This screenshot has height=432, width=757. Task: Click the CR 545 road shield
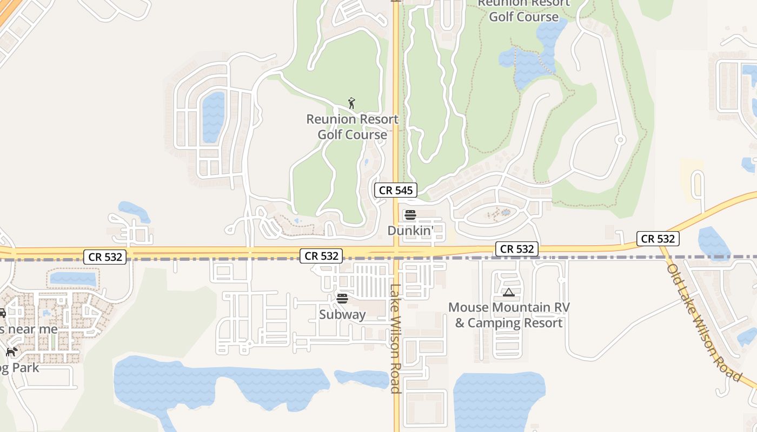(396, 190)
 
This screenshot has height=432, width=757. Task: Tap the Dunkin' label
(410, 231)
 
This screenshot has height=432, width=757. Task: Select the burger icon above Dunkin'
(410, 215)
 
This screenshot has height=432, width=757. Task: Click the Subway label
(342, 314)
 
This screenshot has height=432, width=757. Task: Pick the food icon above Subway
(342, 298)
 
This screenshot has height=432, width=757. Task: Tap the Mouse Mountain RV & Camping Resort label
(509, 315)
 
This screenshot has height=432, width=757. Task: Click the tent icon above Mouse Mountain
(508, 293)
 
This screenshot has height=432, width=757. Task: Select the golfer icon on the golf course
(351, 103)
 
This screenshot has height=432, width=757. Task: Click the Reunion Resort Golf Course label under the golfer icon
(352, 127)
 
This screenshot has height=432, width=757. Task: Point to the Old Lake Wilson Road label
(702, 322)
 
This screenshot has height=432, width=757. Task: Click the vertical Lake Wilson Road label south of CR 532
(395, 339)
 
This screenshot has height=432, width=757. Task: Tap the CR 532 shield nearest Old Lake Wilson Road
(658, 238)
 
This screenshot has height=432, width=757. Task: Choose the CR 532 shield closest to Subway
(322, 256)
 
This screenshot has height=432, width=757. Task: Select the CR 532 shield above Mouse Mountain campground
(517, 249)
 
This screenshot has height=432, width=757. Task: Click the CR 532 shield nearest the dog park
(105, 257)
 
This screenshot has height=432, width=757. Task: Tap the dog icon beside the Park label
(11, 352)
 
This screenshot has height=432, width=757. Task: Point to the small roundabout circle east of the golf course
(620, 140)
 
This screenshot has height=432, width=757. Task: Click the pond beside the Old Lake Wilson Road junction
(713, 243)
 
